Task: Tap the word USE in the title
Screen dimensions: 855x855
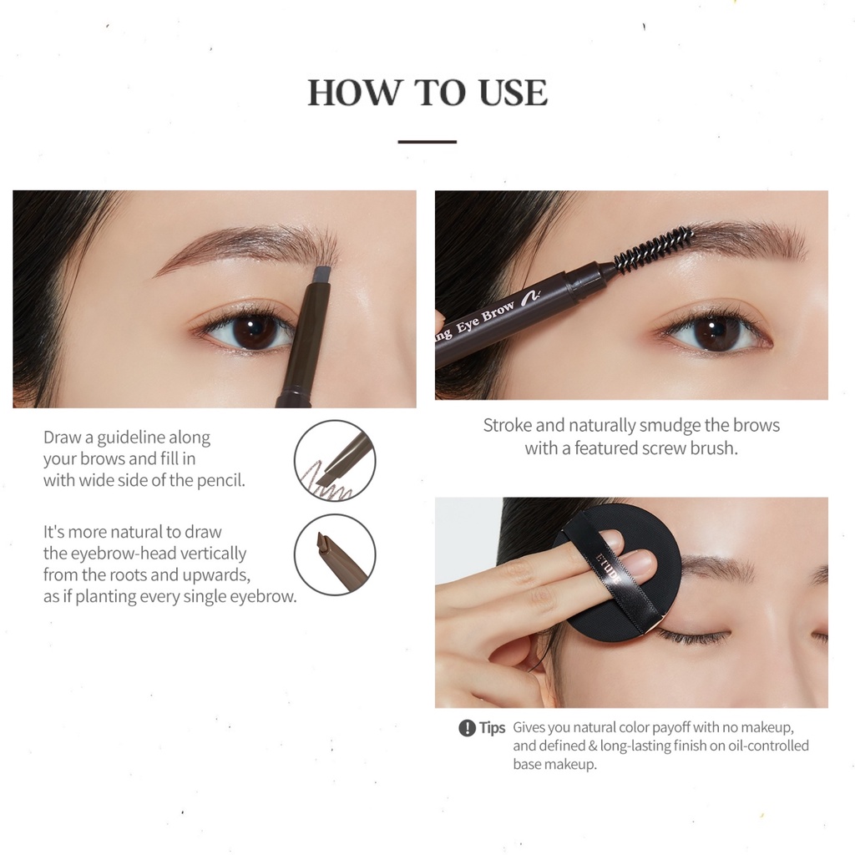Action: tap(514, 92)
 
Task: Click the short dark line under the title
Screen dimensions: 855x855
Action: tap(427, 142)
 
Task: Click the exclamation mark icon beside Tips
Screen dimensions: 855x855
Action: tap(468, 728)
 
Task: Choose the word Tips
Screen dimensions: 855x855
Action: tap(493, 728)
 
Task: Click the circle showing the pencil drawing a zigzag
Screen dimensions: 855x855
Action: tap(335, 461)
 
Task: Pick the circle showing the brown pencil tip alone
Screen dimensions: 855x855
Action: tap(335, 554)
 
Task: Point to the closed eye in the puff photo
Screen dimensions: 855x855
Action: tap(692, 635)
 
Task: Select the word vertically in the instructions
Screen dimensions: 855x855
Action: tap(214, 554)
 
